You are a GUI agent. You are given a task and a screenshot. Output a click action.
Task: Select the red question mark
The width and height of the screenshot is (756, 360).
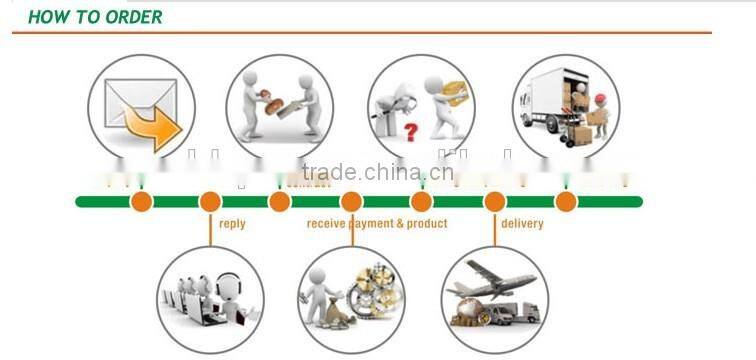(410, 131)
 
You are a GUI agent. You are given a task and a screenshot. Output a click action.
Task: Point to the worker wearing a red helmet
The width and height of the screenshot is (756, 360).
(599, 112)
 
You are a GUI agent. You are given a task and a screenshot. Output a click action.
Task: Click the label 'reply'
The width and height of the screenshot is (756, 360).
(232, 224)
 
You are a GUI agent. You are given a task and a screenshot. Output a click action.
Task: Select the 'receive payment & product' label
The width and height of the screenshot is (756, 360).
(377, 224)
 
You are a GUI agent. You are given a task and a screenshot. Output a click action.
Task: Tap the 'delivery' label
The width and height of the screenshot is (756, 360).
(522, 224)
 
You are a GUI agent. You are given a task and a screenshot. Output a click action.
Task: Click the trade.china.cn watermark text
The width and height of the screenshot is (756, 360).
(377, 172)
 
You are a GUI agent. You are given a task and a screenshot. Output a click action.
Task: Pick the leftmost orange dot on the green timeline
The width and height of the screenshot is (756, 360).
(142, 202)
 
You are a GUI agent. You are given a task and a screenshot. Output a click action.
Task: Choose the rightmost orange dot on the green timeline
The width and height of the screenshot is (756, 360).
(566, 202)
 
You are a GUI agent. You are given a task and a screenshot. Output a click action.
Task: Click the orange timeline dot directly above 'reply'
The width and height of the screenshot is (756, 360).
(210, 202)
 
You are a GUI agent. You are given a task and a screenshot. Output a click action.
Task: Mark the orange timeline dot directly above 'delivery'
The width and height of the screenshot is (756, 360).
(495, 202)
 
